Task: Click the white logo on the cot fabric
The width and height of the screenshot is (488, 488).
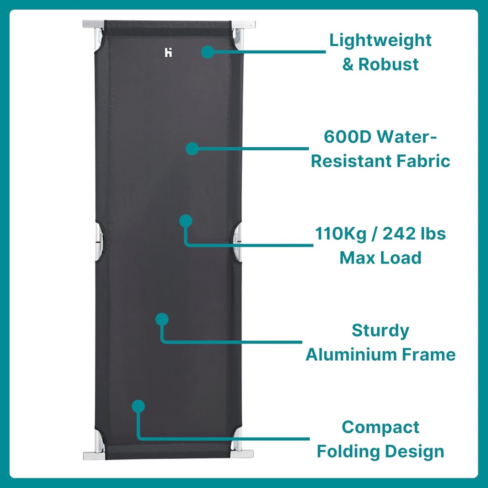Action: point(168,52)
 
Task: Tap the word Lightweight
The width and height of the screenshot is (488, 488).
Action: point(380,41)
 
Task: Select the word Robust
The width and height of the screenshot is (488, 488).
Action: point(388,64)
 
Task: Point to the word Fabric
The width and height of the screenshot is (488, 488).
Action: point(423,161)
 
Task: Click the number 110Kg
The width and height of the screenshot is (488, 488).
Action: point(341,234)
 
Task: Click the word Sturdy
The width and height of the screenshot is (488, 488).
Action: point(380,331)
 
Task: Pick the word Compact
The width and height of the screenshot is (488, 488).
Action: point(380,427)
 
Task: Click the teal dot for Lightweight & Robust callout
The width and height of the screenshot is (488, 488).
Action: point(208,52)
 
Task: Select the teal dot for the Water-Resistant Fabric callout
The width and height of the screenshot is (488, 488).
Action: point(193,149)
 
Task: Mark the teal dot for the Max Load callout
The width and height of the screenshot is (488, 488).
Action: point(186,221)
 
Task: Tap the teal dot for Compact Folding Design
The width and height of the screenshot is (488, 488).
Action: point(138,407)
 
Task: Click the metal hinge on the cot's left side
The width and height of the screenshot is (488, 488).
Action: point(99,242)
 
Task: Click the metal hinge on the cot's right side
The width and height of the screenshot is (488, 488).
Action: point(237,242)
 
